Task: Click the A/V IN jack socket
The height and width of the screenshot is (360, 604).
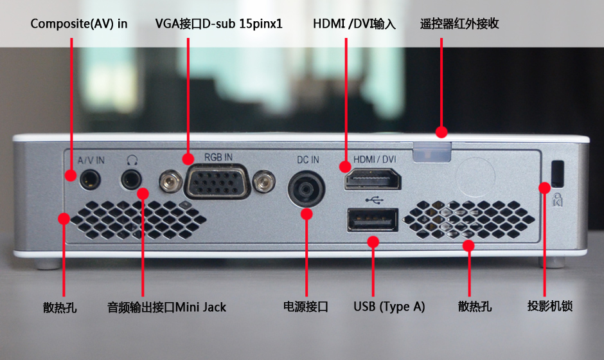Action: tap(90, 179)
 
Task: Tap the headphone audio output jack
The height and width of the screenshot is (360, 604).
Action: tap(131, 179)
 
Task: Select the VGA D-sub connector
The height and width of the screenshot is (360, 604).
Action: tap(218, 181)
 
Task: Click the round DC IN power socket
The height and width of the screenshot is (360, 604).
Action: tap(306, 189)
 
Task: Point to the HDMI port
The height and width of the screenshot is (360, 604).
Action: tap(373, 179)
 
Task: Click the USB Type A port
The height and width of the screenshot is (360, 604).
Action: tap(373, 220)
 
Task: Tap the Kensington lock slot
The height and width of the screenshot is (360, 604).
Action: tap(557, 172)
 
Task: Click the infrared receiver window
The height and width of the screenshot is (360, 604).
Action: tap(431, 152)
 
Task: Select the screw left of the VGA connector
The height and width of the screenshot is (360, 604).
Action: tap(171, 181)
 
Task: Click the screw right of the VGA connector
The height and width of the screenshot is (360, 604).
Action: tap(264, 181)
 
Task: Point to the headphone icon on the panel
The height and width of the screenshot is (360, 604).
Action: tap(132, 160)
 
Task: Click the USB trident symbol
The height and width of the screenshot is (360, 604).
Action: tap(374, 200)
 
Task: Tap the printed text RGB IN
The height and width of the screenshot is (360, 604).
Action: tap(218, 157)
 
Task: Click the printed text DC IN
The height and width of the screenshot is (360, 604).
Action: tap(308, 159)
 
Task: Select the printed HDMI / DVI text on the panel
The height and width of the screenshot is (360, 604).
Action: tap(375, 159)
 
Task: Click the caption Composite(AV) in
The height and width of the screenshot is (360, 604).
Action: tap(79, 24)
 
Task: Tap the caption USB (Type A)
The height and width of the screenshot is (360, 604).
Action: tap(389, 307)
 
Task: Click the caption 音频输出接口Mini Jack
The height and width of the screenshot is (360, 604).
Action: tap(166, 307)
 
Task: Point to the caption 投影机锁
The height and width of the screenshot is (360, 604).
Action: tap(549, 306)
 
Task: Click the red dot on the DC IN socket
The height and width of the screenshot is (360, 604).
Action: tap(306, 214)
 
